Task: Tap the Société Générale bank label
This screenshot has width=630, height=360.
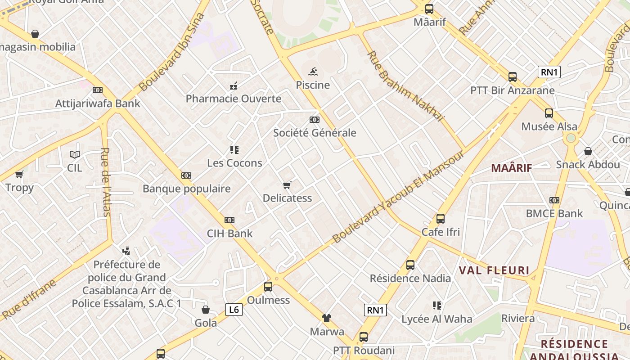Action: click(315, 133)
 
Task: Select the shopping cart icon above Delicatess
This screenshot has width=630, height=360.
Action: click(287, 185)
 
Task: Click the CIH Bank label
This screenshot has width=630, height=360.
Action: click(229, 234)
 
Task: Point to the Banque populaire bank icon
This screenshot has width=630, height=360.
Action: click(186, 175)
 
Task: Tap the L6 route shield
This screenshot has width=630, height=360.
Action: click(234, 309)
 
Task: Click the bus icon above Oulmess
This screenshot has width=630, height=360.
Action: click(268, 287)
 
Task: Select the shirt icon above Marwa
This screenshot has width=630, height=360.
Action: click(327, 318)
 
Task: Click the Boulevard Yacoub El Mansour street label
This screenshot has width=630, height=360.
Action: click(398, 197)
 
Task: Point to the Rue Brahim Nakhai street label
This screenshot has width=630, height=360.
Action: click(405, 86)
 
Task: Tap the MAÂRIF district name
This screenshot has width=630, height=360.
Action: click(511, 168)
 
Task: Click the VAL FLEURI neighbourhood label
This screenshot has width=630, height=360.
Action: click(494, 270)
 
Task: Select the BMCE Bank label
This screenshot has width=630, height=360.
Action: click(554, 213)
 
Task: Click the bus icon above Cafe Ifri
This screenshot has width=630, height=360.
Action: click(441, 219)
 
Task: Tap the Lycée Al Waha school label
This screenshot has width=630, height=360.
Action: click(437, 319)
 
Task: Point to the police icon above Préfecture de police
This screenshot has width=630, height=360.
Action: click(126, 251)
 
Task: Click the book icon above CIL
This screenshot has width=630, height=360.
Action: click(75, 155)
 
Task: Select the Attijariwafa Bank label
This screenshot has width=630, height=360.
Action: click(98, 103)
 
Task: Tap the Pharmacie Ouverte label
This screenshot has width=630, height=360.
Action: click(234, 99)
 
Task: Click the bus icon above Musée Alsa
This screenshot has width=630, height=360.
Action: click(549, 113)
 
